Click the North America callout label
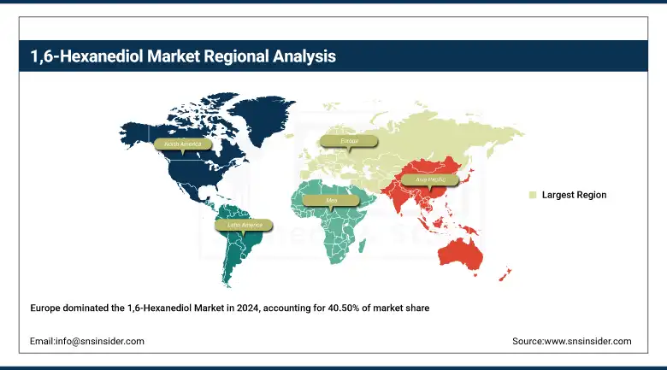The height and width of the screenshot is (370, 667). (x=183, y=144)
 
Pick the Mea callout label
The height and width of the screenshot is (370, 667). (x=333, y=201)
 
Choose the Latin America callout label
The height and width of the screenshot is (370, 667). (x=245, y=225)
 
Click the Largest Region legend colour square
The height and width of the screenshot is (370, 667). (x=532, y=195)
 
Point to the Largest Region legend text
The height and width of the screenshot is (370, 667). (x=574, y=195)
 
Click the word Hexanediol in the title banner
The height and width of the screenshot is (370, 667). (x=82, y=56)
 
